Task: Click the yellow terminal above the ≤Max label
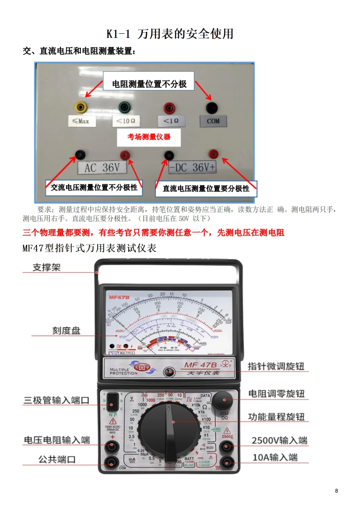point(81,107)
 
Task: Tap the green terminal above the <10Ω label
point(125,107)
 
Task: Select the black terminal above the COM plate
point(212,108)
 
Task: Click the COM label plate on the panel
point(213,121)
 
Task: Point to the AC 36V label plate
point(102,168)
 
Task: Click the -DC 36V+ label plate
point(193,168)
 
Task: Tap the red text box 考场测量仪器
point(149,137)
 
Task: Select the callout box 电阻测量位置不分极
point(149,81)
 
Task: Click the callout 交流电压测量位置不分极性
point(94,188)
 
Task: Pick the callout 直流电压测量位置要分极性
point(206,189)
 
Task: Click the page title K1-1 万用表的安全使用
point(170,34)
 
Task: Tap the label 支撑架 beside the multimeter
point(47,267)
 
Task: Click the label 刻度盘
point(66,331)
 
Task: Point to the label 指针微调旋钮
point(276,366)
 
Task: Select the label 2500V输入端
point(279,441)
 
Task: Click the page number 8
point(336,491)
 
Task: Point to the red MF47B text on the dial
point(119,297)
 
